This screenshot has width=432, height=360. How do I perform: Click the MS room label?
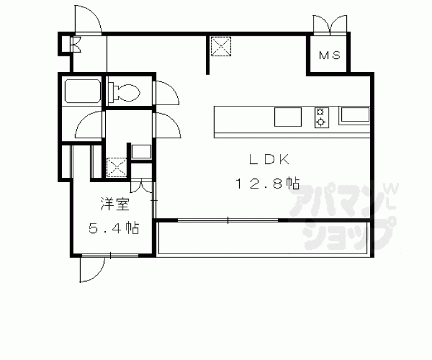330,55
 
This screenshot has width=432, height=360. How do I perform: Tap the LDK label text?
269,159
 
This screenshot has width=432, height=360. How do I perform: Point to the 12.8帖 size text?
267,183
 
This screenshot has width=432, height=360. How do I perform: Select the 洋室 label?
115,204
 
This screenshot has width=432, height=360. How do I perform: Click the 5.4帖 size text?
113,228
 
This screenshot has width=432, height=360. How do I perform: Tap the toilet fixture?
124,91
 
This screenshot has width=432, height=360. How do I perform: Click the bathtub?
83,91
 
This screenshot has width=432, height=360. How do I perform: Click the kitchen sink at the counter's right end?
355,115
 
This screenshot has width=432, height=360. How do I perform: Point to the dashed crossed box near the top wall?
220,46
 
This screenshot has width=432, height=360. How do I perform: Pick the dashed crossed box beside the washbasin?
116,167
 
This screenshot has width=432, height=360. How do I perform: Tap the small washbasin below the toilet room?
141,152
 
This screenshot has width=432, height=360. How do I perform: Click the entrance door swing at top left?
88,19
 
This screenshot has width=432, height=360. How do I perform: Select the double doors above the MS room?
330,25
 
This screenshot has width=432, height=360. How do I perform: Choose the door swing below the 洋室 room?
92,269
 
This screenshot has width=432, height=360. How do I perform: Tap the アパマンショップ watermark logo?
343,215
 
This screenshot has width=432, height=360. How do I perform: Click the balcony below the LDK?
263,239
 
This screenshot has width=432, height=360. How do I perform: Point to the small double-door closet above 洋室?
141,186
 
